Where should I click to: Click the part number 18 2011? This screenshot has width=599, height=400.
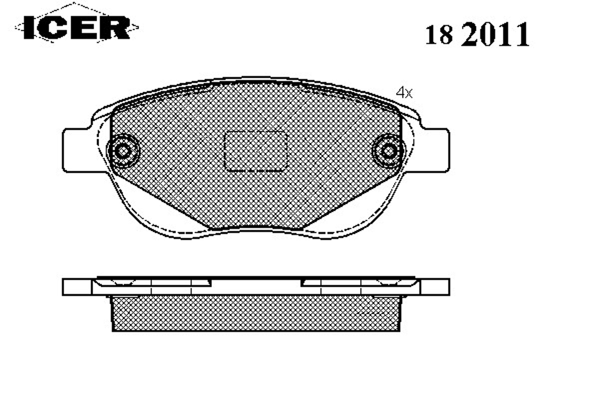[477, 35]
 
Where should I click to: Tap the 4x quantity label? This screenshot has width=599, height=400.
[404, 92]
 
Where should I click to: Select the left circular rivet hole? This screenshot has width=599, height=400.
[123, 151]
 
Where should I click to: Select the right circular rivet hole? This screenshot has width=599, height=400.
[389, 151]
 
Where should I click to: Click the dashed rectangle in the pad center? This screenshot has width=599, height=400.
[255, 151]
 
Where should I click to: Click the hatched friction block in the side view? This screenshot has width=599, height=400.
[256, 313]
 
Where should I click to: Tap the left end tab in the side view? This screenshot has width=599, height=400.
[77, 287]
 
